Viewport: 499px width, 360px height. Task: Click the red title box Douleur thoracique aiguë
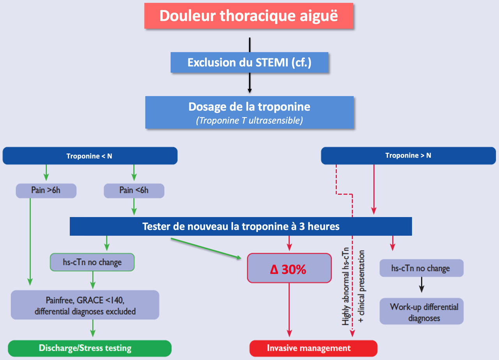[x=249, y=16]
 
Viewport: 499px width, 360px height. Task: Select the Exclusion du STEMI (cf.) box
[x=249, y=62]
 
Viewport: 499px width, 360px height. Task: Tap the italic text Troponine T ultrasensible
[x=249, y=121]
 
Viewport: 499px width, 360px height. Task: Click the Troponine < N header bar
[x=90, y=156]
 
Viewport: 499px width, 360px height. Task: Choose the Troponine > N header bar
[x=408, y=155]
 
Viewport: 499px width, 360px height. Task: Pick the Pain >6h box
[x=46, y=191]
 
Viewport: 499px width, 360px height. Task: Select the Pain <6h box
[x=134, y=191]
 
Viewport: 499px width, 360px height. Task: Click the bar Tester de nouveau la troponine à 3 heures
[x=241, y=226]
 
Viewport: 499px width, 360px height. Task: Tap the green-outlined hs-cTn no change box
[x=92, y=262]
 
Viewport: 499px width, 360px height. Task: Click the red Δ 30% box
[x=288, y=268]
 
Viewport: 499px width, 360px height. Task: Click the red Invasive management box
[x=313, y=348]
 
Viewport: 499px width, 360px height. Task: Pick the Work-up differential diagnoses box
[x=421, y=312]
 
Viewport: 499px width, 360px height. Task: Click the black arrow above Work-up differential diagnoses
[x=421, y=285]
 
